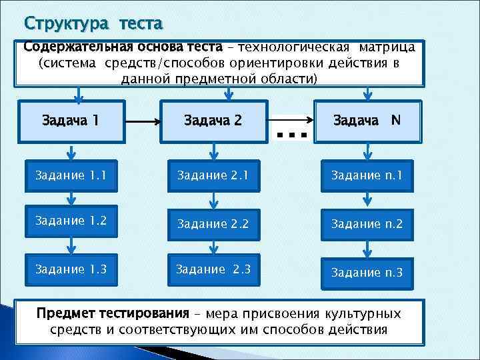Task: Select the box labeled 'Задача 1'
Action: (70, 121)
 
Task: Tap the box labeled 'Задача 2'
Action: (213, 121)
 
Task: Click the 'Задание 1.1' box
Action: (69, 176)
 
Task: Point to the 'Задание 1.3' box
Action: (69, 269)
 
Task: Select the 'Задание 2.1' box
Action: (213, 176)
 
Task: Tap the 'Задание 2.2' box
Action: (213, 224)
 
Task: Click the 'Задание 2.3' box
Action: (213, 269)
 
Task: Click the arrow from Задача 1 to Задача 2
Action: (141, 122)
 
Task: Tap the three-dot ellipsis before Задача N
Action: (291, 135)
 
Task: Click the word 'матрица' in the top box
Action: (387, 47)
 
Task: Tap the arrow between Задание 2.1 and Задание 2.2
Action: (213, 199)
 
